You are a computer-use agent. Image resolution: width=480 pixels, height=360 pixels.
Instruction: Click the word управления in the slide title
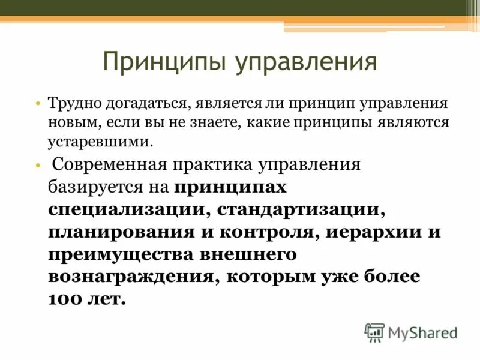point(305,62)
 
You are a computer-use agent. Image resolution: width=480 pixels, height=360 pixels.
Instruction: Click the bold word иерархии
point(374,232)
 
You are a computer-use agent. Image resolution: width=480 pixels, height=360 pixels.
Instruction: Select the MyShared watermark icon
point(374,332)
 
